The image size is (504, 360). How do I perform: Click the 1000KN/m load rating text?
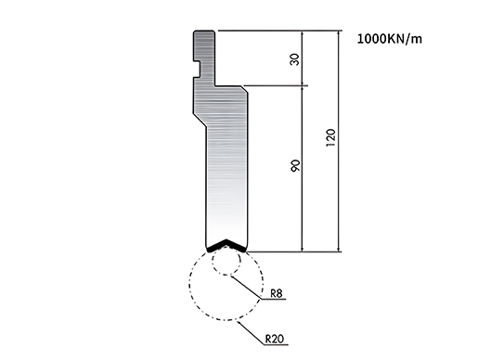coord(389,39)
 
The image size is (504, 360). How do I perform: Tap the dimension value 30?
coord(295,59)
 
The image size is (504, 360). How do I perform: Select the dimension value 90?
coord(295,165)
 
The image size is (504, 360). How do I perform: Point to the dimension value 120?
coord(330,138)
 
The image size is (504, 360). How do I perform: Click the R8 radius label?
coord(276,293)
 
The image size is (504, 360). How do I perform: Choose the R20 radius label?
coord(275,339)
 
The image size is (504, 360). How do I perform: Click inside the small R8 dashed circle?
coord(226,261)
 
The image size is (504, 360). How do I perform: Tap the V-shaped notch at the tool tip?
coord(226,245)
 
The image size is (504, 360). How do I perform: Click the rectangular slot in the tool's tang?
coord(197,69)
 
